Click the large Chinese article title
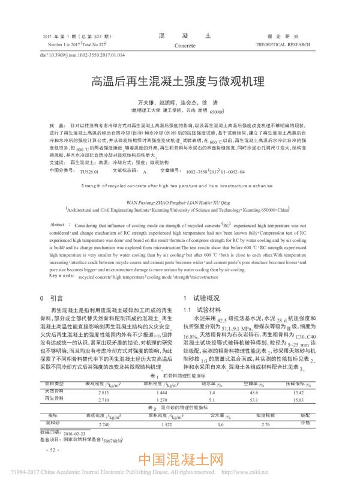tap(179, 80)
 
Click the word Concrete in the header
tap(184, 45)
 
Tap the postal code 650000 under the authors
tap(216, 112)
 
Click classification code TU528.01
tap(89, 171)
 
